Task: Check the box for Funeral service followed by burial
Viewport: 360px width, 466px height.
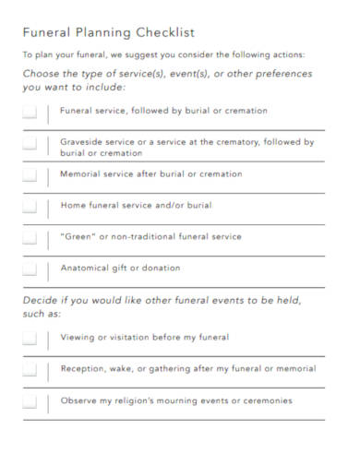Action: click(x=30, y=112)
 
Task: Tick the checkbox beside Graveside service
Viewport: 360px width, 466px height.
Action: click(x=30, y=145)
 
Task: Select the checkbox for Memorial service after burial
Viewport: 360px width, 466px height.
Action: click(x=30, y=175)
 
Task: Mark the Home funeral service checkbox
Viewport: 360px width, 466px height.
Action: click(x=30, y=207)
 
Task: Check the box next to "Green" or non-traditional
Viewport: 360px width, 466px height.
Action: click(x=30, y=238)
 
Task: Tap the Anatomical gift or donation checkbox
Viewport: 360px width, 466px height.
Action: click(x=30, y=269)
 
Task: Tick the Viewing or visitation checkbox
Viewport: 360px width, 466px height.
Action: click(x=30, y=339)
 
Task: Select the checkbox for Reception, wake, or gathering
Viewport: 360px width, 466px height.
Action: click(x=30, y=370)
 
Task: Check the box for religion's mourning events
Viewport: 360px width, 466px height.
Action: click(x=30, y=402)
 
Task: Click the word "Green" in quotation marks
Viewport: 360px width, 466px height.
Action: click(x=75, y=237)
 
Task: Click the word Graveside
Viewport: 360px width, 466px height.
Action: click(x=82, y=142)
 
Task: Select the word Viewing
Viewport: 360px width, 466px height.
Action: click(x=78, y=338)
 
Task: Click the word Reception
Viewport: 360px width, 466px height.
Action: click(x=83, y=369)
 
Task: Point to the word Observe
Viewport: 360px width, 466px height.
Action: click(x=78, y=401)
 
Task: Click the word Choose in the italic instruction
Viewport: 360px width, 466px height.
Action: click(x=43, y=74)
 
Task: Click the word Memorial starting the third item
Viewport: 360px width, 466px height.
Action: click(x=80, y=174)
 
